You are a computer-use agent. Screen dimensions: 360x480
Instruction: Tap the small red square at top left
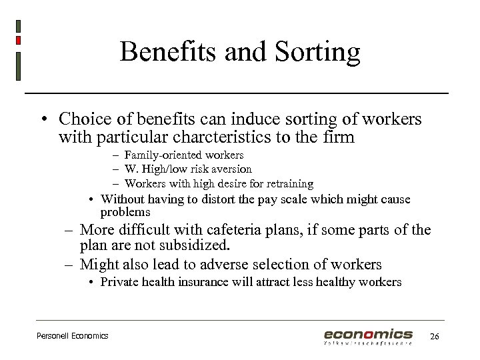19,40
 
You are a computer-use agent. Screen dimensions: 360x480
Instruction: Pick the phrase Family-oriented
158,155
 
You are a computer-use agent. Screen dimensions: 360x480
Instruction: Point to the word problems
125,212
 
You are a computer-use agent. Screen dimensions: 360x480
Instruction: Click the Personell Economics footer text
72,335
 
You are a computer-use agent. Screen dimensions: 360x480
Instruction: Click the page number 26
435,336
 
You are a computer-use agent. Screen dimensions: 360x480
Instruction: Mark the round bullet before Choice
42,120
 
